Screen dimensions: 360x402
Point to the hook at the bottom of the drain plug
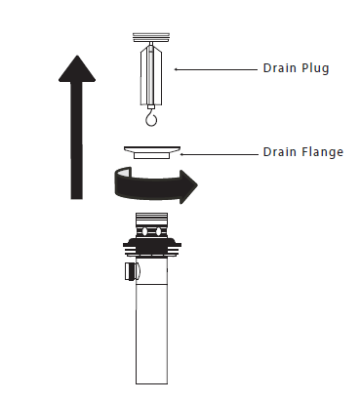[x=151, y=118]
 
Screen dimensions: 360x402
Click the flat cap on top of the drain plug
[x=151, y=37]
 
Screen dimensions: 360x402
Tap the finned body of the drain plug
[x=151, y=75]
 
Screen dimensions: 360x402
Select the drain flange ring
[x=152, y=152]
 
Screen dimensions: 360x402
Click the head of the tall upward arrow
[x=77, y=68]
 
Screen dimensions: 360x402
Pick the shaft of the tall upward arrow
[x=77, y=140]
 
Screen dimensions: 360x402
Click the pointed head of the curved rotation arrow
[x=188, y=186]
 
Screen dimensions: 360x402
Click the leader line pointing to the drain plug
[x=216, y=69]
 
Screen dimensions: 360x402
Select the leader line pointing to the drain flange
[x=219, y=154]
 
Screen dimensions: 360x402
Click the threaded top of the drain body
[x=152, y=218]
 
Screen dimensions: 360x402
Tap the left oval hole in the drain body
[x=144, y=231]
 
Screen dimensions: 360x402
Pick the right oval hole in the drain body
[x=158, y=231]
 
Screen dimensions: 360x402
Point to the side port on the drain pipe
[x=132, y=271]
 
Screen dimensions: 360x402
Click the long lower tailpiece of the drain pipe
[x=152, y=334]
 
